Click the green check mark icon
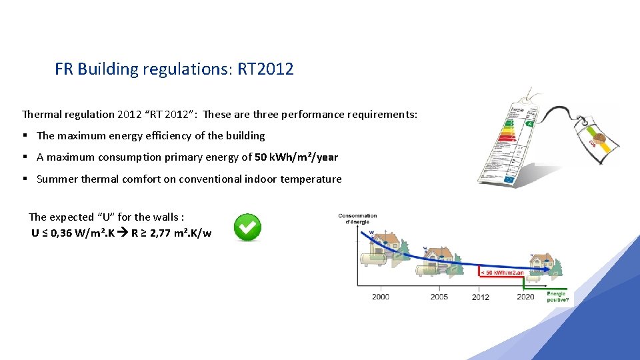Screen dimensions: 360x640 pos(247,228)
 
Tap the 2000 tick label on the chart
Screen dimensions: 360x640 pos(381,297)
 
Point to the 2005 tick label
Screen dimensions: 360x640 pos(439,297)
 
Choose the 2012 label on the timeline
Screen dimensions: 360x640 pos(480,297)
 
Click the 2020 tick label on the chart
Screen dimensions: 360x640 pos(525,297)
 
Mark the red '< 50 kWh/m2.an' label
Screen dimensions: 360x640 pos(501,272)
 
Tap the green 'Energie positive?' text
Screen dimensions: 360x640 pos(557,297)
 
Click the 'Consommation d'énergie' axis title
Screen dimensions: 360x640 pos(357,219)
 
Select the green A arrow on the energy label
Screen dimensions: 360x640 pos(530,123)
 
